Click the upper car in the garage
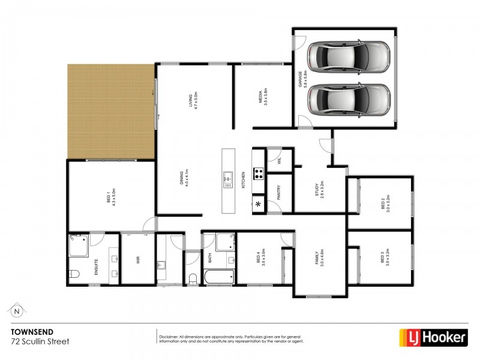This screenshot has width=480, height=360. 349,57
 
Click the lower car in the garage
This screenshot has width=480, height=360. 349,98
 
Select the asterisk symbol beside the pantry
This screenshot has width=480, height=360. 259,205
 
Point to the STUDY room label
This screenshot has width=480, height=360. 319,190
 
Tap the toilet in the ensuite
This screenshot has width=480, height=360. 74,275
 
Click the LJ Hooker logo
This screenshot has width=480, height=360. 434,338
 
